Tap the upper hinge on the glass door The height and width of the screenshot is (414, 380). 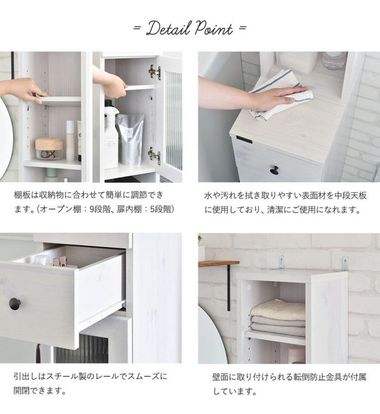[155, 72]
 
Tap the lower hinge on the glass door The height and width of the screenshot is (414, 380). [154, 155]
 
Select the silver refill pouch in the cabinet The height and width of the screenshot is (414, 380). [130, 138]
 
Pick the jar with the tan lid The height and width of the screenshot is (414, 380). [49, 148]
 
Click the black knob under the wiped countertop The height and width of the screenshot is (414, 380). [274, 170]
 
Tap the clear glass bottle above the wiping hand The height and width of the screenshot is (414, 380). [333, 60]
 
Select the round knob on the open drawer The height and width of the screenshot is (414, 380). [15, 304]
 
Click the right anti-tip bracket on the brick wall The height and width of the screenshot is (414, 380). [345, 263]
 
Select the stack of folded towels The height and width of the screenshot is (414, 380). [277, 319]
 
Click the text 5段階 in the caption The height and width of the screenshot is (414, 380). [161, 209]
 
